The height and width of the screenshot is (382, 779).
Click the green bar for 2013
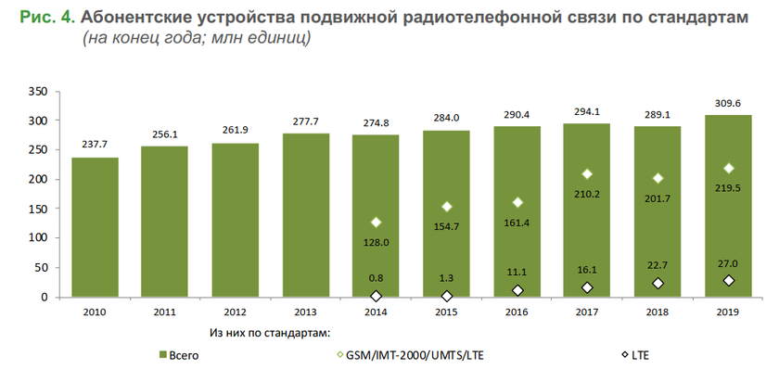click(306, 215)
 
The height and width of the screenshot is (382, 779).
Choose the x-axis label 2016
click(517, 311)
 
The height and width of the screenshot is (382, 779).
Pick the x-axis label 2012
click(236, 311)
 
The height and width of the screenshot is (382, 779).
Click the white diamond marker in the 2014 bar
click(376, 223)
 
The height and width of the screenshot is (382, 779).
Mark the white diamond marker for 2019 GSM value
click(727, 168)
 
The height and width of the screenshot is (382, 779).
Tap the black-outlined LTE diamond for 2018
click(658, 284)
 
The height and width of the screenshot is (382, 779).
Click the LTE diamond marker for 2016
click(517, 290)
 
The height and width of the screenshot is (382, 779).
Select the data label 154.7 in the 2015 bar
click(446, 226)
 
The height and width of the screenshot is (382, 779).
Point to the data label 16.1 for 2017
click(587, 269)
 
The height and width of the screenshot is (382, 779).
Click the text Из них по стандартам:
click(270, 330)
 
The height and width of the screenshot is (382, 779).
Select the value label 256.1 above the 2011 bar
click(165, 134)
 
